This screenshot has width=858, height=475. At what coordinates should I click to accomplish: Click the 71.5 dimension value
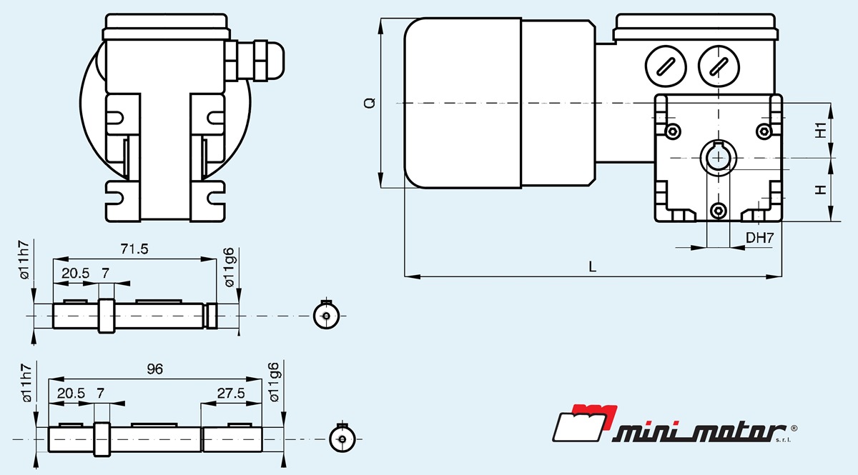(x=134, y=249)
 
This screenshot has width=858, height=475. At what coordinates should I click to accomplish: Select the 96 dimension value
(x=154, y=369)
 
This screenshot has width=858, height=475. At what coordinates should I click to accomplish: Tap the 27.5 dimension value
(x=231, y=393)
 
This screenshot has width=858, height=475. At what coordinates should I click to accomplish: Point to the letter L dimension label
(x=592, y=266)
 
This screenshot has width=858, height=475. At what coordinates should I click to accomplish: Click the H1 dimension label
(x=822, y=130)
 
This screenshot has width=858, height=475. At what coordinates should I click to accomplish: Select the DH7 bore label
(x=759, y=238)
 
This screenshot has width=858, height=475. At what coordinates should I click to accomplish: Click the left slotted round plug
(x=666, y=66)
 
